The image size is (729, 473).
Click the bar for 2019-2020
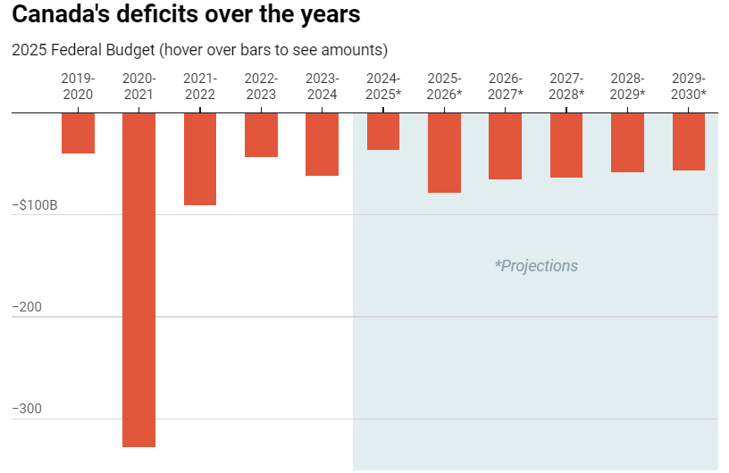(x=78, y=133)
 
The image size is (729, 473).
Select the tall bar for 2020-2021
(x=138, y=279)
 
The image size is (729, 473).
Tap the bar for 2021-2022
(x=200, y=159)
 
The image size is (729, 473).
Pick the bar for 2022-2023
(x=261, y=135)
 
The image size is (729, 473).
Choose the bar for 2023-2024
(x=322, y=144)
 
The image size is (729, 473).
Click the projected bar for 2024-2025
(x=383, y=131)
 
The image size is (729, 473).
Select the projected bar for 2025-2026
(x=444, y=153)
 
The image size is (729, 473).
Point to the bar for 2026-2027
(x=505, y=146)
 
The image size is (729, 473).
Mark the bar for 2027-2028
(x=566, y=145)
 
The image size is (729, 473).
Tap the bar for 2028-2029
(x=627, y=143)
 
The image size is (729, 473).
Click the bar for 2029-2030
(x=689, y=142)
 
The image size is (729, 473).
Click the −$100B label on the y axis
(x=35, y=205)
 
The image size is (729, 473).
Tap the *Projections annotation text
(x=536, y=266)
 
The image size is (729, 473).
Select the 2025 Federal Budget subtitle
(x=200, y=50)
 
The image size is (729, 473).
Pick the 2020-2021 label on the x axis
(x=138, y=87)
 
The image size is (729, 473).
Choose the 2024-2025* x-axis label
(x=383, y=87)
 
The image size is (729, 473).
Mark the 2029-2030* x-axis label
(x=689, y=87)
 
